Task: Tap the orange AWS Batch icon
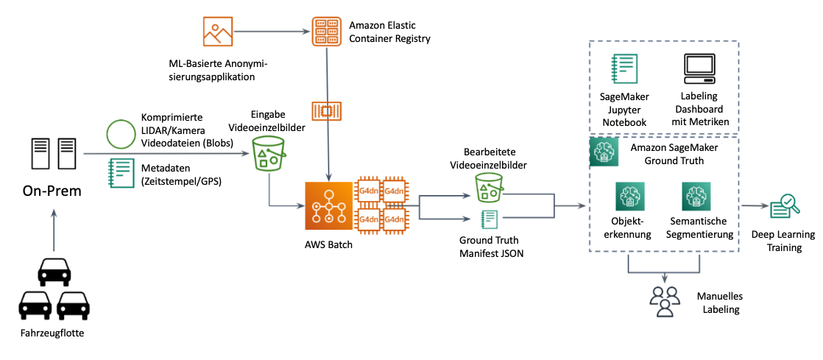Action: click(x=325, y=205)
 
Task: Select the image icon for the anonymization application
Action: click(x=216, y=32)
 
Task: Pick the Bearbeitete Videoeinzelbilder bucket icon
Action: click(x=490, y=188)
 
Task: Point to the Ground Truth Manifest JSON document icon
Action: click(x=489, y=219)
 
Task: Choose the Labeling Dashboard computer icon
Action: click(x=698, y=70)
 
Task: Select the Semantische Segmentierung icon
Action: click(x=696, y=197)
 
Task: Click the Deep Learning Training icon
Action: click(x=783, y=208)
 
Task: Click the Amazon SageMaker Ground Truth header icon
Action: click(x=604, y=152)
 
